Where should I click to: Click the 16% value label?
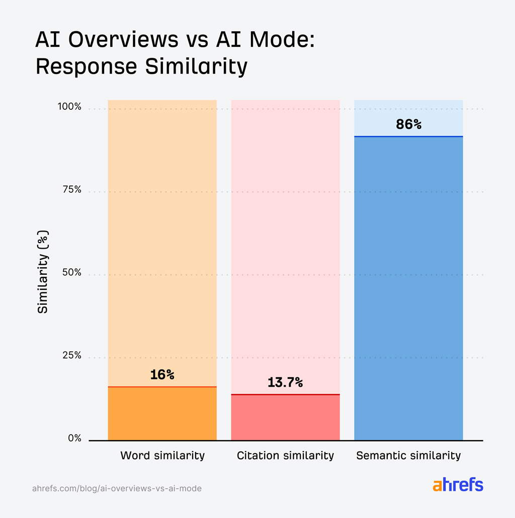tap(162, 375)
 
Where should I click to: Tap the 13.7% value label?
tap(285, 383)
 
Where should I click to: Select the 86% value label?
tap(408, 124)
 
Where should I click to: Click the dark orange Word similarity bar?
tap(162, 414)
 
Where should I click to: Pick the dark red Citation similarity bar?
tap(285, 418)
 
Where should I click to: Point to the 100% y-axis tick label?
tap(69, 107)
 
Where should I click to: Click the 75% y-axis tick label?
tap(71, 190)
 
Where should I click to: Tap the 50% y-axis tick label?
tap(71, 272)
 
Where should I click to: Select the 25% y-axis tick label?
tap(71, 355)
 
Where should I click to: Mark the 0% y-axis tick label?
tap(74, 438)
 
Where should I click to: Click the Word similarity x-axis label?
tap(162, 456)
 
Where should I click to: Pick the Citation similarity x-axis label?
tap(285, 456)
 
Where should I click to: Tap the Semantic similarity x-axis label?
tap(408, 456)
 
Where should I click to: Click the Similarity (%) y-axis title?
tap(43, 272)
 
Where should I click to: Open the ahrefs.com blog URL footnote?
tap(117, 488)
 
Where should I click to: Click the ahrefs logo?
tap(458, 485)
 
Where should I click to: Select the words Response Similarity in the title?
tap(141, 66)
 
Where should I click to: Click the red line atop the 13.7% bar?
tap(285, 395)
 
